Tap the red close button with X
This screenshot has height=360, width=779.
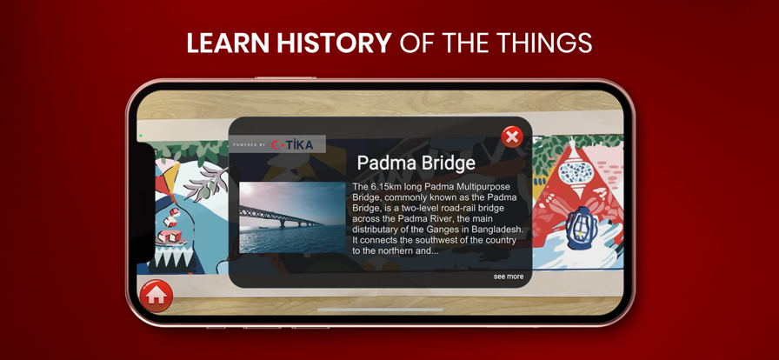coord(512,137)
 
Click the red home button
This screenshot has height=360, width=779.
coord(156,296)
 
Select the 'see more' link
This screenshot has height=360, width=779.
coord(509,277)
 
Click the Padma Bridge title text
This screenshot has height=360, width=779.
coord(416,163)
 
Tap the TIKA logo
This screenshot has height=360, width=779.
coord(293,145)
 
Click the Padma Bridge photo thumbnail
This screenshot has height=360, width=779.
coord(292,217)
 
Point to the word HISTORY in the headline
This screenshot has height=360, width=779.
coord(335,43)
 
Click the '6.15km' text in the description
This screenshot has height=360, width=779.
coord(387,187)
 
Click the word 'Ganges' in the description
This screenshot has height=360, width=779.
coord(442,230)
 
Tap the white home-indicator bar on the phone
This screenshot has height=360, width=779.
coord(380,310)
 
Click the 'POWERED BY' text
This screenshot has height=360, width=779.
coord(249,145)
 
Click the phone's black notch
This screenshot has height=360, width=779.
coord(145,203)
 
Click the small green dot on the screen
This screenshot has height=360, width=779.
coord(141,136)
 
